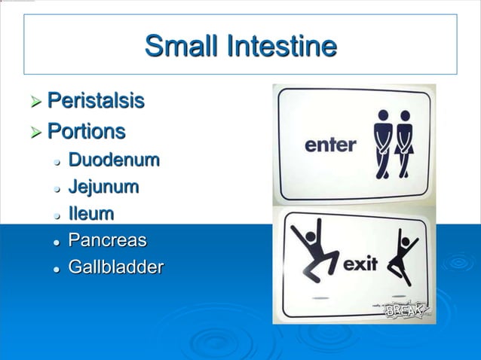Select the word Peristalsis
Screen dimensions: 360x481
pyautogui.click(x=96, y=101)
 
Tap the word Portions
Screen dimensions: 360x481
pyautogui.click(x=86, y=132)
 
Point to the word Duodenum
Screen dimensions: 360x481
pyautogui.click(x=114, y=160)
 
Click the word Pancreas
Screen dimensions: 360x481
pyautogui.click(x=107, y=241)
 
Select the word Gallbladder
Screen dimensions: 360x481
pyautogui.click(x=115, y=267)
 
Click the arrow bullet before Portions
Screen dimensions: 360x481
pyautogui.click(x=35, y=133)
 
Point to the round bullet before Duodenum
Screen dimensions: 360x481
pyautogui.click(x=57, y=161)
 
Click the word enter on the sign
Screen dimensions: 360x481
pyautogui.click(x=330, y=145)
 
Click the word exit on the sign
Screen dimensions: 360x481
pyautogui.click(x=360, y=264)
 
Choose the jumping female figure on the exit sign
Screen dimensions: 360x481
pyautogui.click(x=401, y=257)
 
